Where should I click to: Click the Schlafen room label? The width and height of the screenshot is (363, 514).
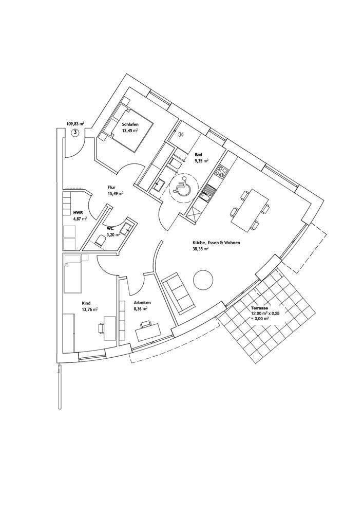point(129,124)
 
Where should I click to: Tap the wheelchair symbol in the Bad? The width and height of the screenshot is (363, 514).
point(181,187)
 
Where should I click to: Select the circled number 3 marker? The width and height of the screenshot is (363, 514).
point(75,132)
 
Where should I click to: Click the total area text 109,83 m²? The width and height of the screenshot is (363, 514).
point(75,124)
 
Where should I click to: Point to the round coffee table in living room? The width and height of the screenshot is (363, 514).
point(203,280)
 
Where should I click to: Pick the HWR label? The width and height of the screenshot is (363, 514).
point(78,212)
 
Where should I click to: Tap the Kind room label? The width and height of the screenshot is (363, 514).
point(86,303)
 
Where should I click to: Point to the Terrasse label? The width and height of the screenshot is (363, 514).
point(259,307)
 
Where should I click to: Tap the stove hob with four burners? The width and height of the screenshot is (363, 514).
point(222,170)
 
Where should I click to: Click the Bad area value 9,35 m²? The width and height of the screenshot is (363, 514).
point(201,161)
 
